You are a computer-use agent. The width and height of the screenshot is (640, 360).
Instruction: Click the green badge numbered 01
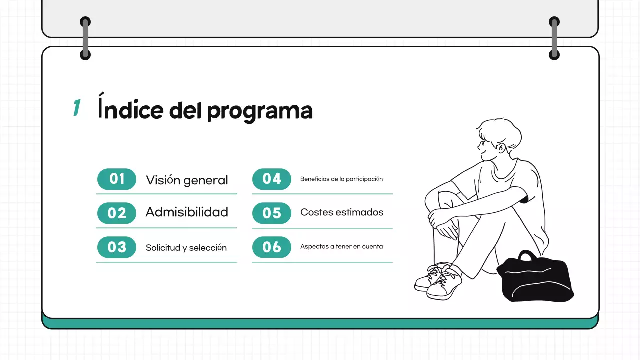(x=116, y=179)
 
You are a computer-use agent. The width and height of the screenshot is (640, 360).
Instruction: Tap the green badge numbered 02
(x=116, y=213)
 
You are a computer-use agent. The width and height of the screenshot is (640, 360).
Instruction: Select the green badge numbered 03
(x=116, y=247)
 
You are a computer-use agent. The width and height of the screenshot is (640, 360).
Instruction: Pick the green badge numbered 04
(x=272, y=179)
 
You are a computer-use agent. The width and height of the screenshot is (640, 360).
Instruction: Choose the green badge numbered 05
(x=272, y=213)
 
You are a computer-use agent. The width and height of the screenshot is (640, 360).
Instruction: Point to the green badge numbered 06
(x=272, y=247)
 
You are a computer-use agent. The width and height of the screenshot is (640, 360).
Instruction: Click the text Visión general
(x=187, y=180)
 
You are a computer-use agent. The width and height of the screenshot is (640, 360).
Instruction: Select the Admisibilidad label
(x=187, y=212)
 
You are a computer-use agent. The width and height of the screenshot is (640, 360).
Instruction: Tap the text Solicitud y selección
(x=186, y=248)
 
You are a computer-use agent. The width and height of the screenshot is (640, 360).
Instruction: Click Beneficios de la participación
(x=341, y=179)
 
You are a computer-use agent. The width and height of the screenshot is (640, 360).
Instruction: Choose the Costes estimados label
(x=342, y=212)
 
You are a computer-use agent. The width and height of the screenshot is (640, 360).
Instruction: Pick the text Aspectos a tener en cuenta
(x=341, y=246)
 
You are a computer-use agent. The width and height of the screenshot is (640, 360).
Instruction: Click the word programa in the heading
(x=260, y=111)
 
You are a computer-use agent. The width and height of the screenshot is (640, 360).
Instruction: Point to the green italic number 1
(x=77, y=108)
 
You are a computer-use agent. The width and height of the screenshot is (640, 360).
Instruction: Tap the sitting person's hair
(x=500, y=131)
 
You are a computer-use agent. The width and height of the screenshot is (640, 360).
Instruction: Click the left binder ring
(x=85, y=38)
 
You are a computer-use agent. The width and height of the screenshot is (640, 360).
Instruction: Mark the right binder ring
(x=554, y=38)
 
